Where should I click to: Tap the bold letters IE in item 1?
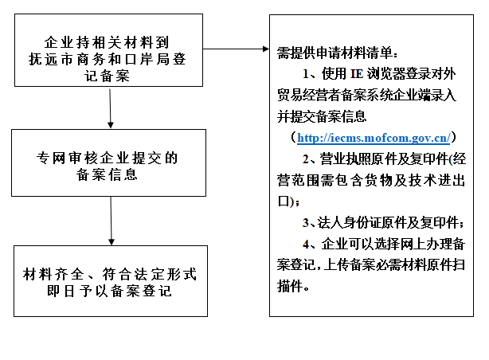355,76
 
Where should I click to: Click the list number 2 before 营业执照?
306,158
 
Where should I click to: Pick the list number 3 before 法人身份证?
306,221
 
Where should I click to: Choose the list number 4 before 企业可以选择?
306,242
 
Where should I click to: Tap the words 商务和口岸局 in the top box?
122,58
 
